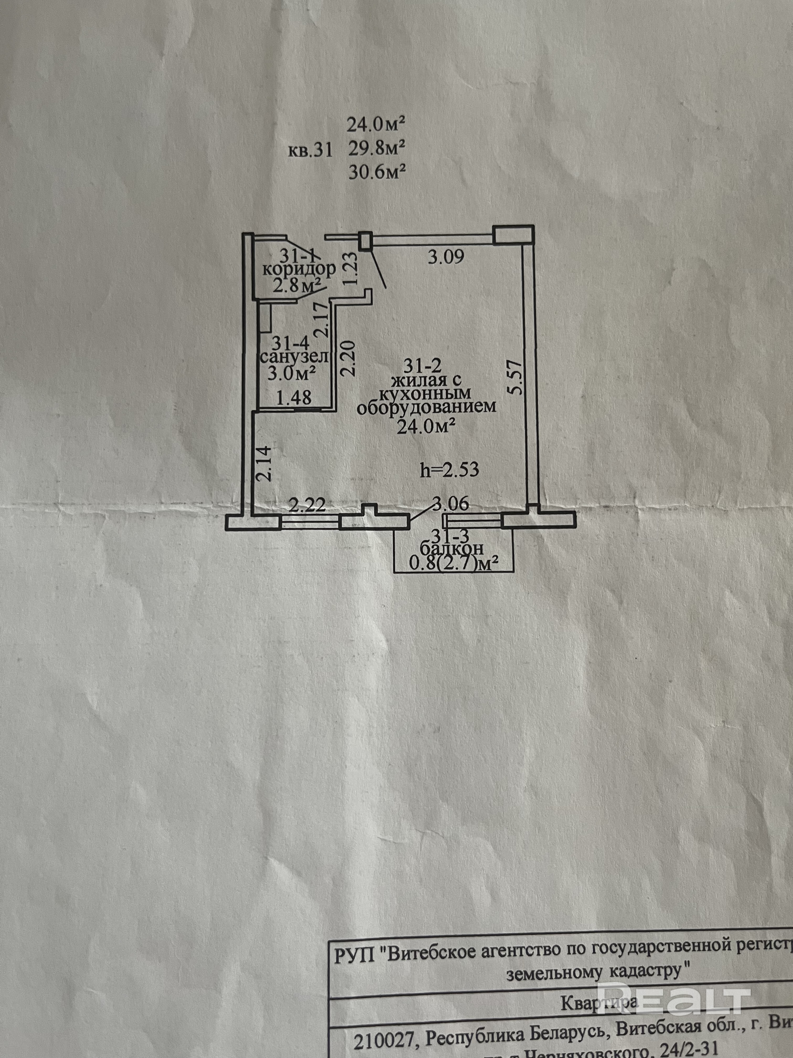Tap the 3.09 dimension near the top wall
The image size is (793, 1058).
[446, 258]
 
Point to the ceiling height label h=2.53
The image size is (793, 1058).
[449, 470]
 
